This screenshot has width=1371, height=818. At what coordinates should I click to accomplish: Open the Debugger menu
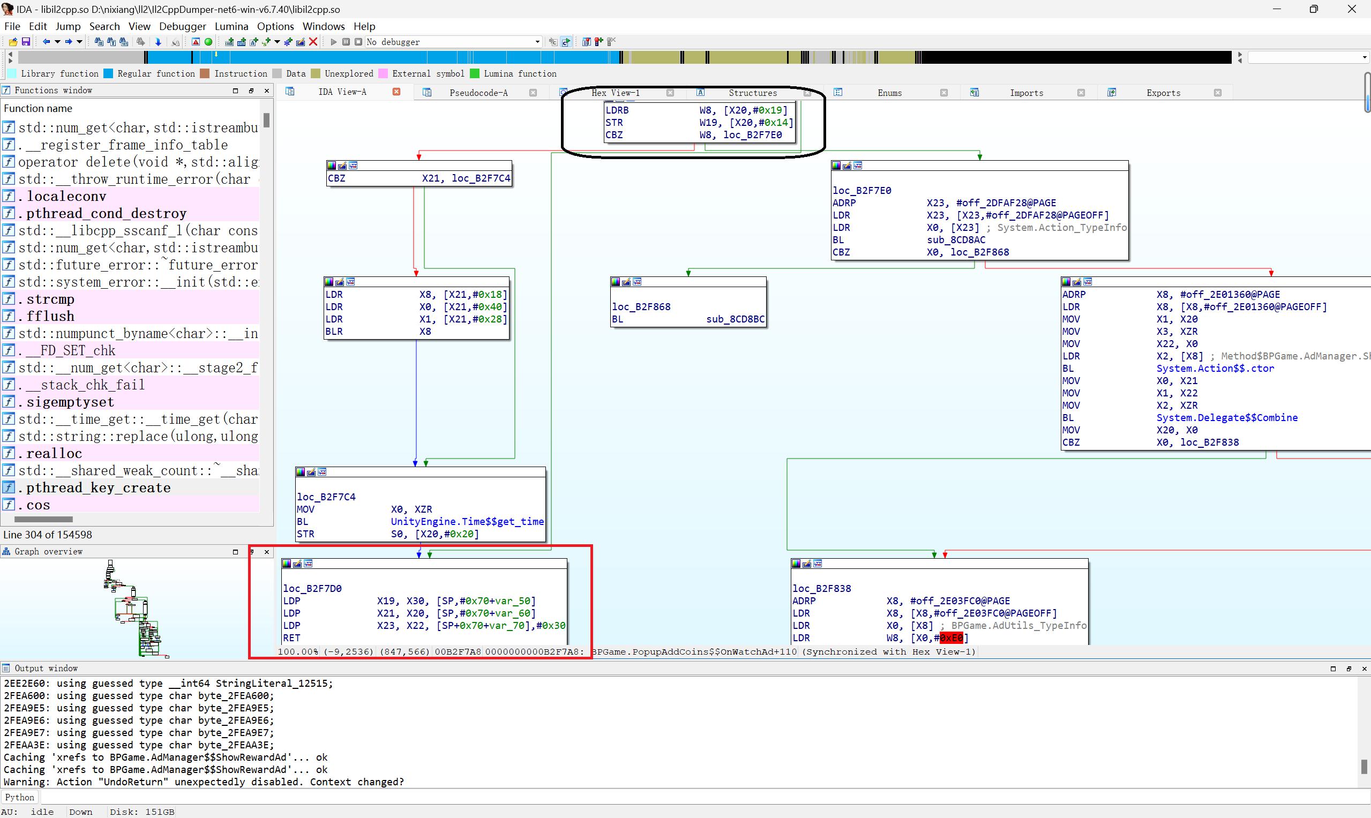pos(183,26)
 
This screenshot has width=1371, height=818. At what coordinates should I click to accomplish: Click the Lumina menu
pos(231,26)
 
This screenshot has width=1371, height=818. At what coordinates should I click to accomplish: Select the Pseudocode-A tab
pos(478,93)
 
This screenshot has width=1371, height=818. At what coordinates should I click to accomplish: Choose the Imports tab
pos(1027,93)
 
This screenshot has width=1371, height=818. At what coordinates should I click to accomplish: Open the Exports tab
pos(1163,93)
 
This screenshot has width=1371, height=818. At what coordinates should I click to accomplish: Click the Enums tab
pos(890,93)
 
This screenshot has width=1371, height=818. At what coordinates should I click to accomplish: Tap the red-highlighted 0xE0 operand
pos(951,638)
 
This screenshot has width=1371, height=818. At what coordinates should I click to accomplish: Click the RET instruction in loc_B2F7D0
pos(291,638)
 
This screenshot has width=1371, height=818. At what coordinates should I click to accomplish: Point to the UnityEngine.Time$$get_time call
pos(467,521)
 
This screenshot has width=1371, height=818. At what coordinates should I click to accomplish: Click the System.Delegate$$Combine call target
pos(1226,418)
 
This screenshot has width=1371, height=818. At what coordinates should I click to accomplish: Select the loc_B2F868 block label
pos(641,306)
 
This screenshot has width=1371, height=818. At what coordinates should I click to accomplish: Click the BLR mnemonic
pos(334,331)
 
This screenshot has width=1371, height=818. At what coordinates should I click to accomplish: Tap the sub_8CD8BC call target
pos(736,319)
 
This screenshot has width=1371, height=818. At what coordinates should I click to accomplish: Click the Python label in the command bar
pos(19,797)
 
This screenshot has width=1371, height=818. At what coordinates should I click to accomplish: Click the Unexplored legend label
pos(348,73)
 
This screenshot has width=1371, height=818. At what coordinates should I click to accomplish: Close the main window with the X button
pos(1352,9)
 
